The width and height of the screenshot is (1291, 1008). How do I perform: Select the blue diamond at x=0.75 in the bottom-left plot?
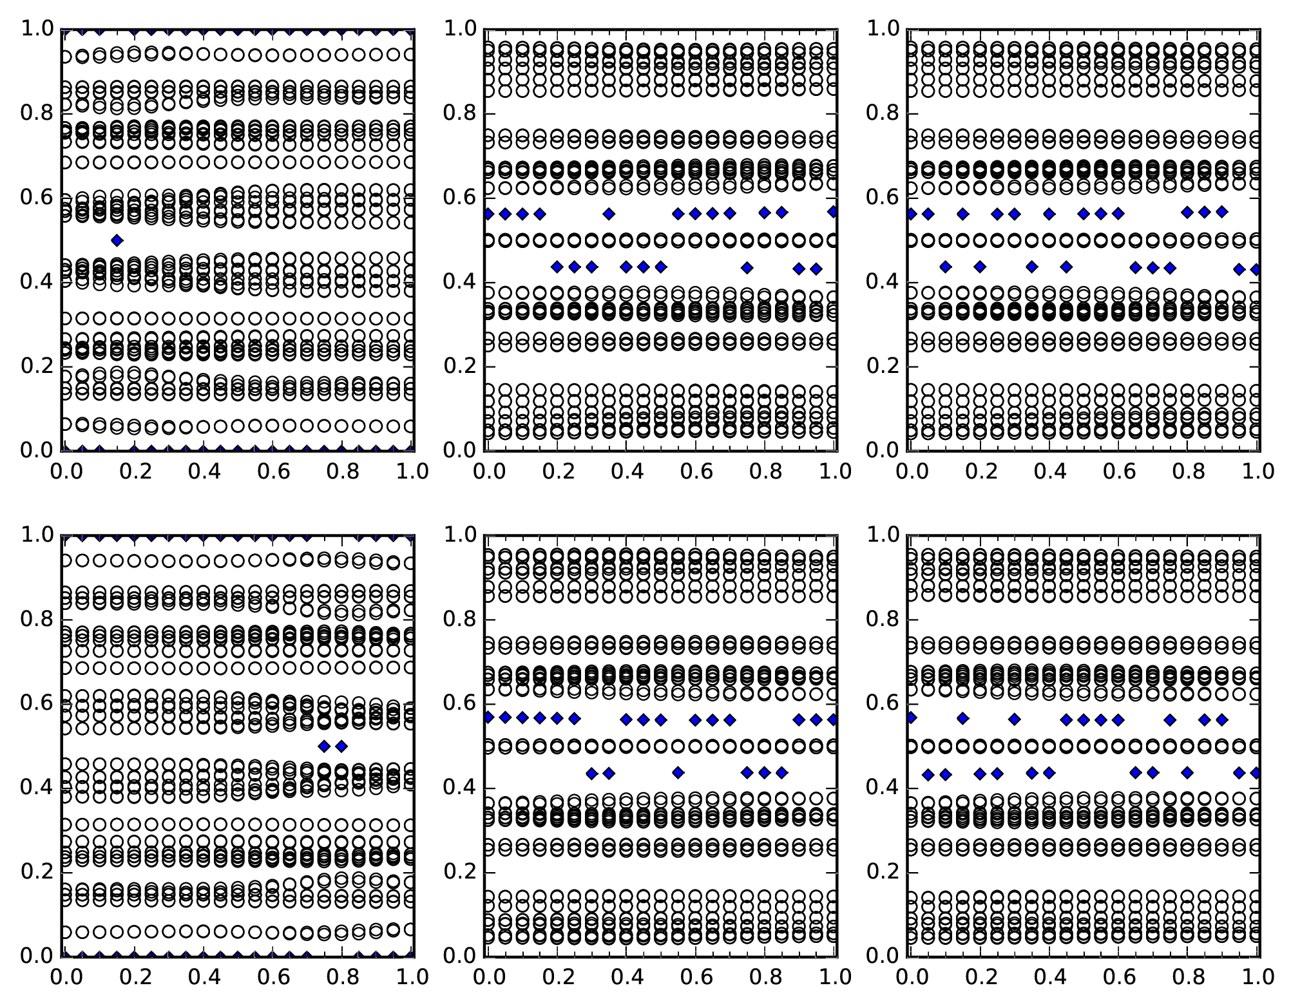click(x=324, y=746)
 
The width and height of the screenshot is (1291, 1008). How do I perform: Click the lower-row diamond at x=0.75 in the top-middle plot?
click(x=747, y=267)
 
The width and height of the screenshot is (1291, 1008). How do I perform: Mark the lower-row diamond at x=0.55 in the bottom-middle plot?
click(x=678, y=772)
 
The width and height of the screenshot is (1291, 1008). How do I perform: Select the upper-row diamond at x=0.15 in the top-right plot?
click(x=962, y=214)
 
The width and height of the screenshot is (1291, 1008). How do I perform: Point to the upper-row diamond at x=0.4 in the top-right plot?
click(x=1049, y=214)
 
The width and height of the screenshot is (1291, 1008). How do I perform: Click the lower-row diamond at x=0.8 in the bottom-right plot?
click(x=1187, y=772)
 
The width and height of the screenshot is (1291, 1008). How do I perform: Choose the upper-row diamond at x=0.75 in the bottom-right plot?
click(x=1170, y=719)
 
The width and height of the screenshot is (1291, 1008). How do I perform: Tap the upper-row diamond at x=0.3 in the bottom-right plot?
click(x=1014, y=719)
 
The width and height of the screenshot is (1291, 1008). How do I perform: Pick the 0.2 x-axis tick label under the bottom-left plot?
click(x=134, y=977)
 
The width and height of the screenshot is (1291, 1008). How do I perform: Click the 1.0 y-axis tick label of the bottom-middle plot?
click(x=459, y=535)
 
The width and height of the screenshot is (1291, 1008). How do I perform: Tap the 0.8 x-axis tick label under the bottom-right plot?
click(x=1187, y=977)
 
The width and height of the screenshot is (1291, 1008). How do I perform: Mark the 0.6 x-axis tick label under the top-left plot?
click(x=272, y=471)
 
